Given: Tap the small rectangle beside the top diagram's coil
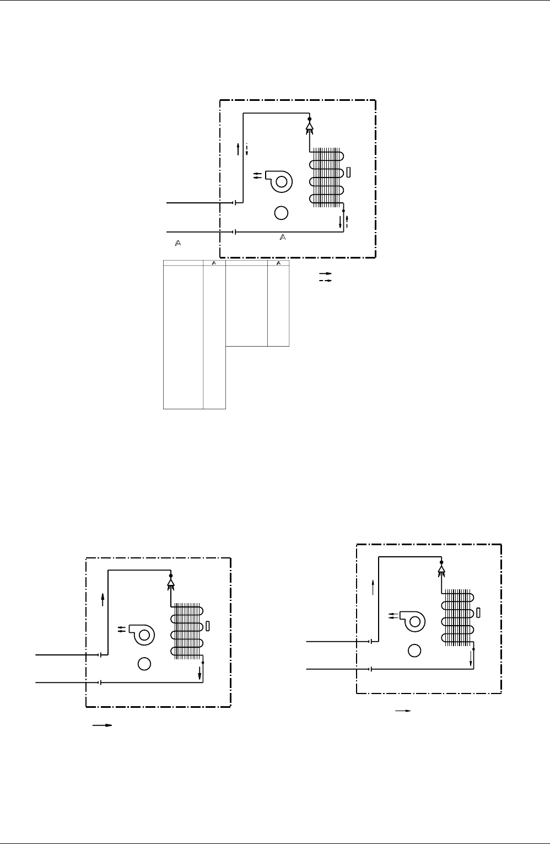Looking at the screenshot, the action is [x=348, y=172].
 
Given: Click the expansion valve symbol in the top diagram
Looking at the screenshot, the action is [x=310, y=126].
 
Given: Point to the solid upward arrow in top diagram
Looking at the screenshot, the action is [x=238, y=149].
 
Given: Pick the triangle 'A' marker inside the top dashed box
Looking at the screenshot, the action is [x=283, y=238].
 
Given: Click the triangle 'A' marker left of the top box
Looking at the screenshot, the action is [x=178, y=244].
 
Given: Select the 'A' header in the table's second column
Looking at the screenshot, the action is [x=214, y=263].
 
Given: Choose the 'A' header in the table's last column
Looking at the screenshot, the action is [x=279, y=263].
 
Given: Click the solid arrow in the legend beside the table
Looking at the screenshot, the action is [x=326, y=273].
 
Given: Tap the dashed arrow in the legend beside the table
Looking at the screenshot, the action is [x=326, y=281].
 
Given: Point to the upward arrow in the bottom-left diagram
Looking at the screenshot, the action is [x=103, y=600].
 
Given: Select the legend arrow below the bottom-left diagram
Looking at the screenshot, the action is [x=103, y=725].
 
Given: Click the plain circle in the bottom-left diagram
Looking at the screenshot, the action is [x=144, y=664].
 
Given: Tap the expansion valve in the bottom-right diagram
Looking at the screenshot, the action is [x=441, y=569].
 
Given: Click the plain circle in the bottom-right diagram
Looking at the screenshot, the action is [x=414, y=651].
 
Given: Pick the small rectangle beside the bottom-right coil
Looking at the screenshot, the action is [x=478, y=612].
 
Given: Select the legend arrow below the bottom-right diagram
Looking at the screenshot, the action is [x=403, y=711].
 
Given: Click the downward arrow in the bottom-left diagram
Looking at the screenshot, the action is [x=199, y=673].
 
